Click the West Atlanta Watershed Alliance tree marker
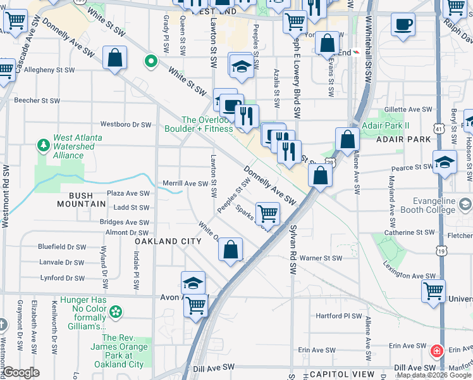pyautogui.click(x=44, y=146)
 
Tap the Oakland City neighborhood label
pyautogui.click(x=168, y=241)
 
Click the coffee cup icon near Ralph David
pyautogui.click(x=402, y=25)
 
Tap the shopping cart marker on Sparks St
pyautogui.click(x=268, y=213)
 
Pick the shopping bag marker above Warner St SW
pyautogui.click(x=231, y=249)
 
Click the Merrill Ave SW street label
pyautogui.click(x=185, y=184)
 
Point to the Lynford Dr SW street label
pyautogui.click(x=61, y=277)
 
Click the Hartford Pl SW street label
pyautogui.click(x=339, y=315)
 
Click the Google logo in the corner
pyautogui.click(x=21, y=372)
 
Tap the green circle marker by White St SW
pyautogui.click(x=150, y=62)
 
